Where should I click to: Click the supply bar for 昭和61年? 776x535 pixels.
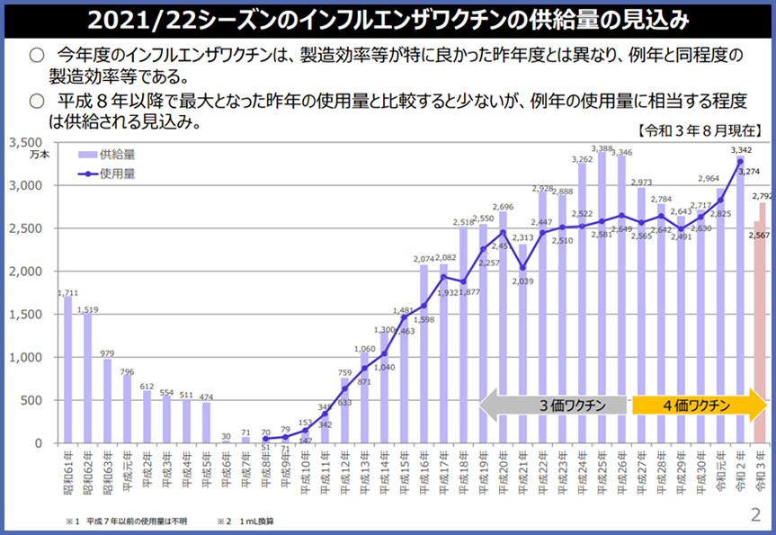click(x=67, y=369)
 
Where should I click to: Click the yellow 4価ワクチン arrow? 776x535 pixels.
click(x=692, y=406)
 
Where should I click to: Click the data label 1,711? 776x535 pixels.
click(x=67, y=292)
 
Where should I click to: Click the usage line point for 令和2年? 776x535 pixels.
click(x=741, y=162)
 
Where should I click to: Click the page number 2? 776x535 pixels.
click(x=755, y=515)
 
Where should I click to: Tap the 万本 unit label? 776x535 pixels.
click(x=40, y=156)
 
